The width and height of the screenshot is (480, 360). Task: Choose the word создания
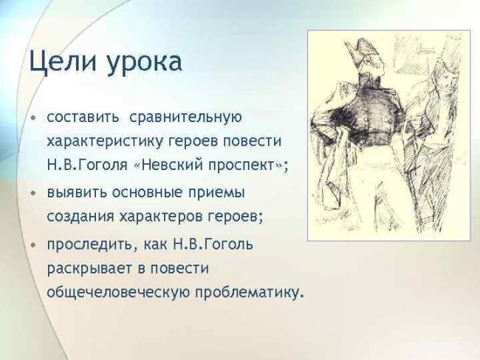pyautogui.click(x=77, y=217)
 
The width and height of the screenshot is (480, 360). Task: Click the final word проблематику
pyautogui.click(x=247, y=293)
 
